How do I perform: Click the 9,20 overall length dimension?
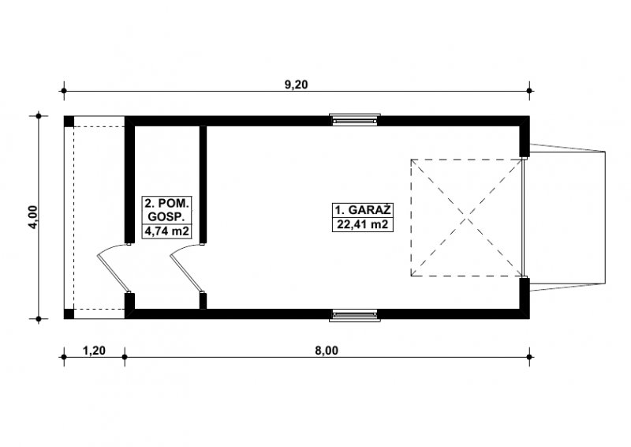tap(296, 85)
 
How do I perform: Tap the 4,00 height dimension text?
tap(33, 217)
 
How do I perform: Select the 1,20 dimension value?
tap(94, 351)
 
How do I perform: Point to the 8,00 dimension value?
tap(327, 351)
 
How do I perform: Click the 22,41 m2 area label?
tap(363, 224)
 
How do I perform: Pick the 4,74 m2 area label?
tap(166, 231)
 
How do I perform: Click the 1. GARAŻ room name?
tap(363, 210)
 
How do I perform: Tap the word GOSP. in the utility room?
tap(166, 216)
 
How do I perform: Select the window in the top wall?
tap(355, 120)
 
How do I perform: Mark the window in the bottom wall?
tap(355, 315)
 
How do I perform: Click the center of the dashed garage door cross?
tap(467, 218)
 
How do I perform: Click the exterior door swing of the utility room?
tap(114, 268)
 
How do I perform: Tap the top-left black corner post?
tap(69, 122)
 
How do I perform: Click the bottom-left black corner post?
tap(69, 314)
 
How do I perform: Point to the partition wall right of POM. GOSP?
tap(203, 184)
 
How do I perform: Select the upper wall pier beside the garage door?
tap(524, 137)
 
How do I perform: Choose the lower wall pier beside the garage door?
tap(524, 299)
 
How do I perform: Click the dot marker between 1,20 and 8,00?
tap(125, 357)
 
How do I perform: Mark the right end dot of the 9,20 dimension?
tap(529, 91)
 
